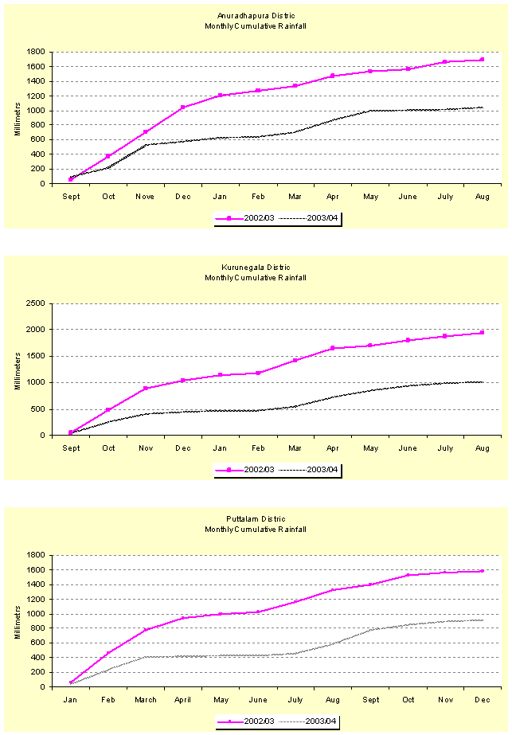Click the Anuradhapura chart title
tap(255, 21)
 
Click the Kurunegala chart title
tap(255, 272)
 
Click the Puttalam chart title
tap(255, 524)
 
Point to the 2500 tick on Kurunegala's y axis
tap(33, 303)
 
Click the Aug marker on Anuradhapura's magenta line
tap(482, 60)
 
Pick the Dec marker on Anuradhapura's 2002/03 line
tap(182, 108)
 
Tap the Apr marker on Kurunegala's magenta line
tap(332, 348)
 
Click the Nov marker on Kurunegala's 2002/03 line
tap(145, 389)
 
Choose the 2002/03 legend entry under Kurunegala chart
tap(246, 470)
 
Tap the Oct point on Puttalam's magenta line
tap(407, 575)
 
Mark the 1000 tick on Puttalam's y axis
tap(33, 614)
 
